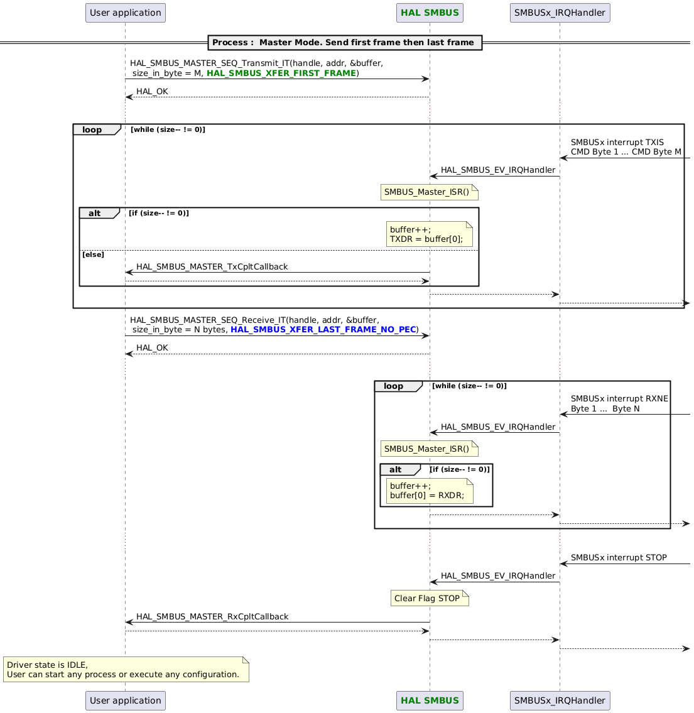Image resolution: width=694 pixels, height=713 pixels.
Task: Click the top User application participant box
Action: click(125, 13)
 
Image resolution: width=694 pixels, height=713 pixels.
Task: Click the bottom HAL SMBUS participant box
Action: click(430, 700)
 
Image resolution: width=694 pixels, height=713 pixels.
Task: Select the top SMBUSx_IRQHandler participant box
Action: click(560, 13)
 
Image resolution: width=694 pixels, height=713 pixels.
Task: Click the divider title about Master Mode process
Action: click(343, 43)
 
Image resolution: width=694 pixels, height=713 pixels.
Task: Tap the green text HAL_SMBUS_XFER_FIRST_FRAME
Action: click(281, 73)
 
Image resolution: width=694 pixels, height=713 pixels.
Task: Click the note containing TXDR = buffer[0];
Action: click(430, 234)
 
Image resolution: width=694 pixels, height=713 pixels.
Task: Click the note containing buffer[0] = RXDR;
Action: click(430, 490)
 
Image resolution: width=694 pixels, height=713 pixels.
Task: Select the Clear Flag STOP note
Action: click(430, 598)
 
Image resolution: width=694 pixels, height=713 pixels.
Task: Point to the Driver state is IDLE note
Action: click(126, 669)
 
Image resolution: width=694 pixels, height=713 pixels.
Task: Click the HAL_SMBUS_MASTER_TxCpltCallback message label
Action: click(212, 266)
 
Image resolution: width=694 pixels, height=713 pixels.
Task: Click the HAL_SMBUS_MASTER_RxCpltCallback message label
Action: click(212, 616)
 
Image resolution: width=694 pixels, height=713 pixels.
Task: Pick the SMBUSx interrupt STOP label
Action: click(619, 557)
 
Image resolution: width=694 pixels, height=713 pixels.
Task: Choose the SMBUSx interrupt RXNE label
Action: click(619, 398)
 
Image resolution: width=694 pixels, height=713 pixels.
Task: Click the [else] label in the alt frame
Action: click(93, 255)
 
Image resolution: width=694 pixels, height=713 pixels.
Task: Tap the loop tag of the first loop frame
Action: click(93, 129)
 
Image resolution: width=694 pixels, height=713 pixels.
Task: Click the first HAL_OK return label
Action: click(152, 92)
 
